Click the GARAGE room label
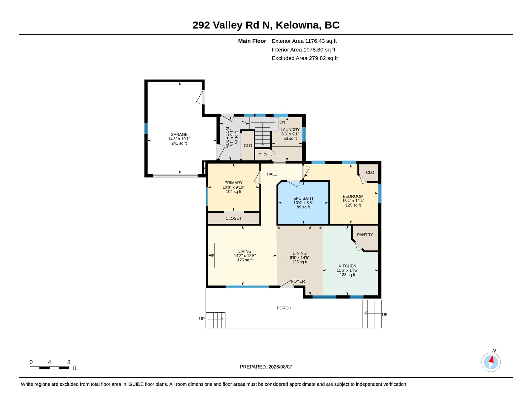[179, 134]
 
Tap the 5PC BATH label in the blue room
[303, 198]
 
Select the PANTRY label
[365, 235]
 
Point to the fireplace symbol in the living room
[211, 255]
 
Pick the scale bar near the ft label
[49, 368]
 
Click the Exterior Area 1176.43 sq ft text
[304, 41]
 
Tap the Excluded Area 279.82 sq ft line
[305, 58]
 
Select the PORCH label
[284, 308]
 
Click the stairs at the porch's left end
[215, 320]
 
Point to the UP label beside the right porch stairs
[385, 314]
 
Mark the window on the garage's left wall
[146, 128]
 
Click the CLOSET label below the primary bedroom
[233, 218]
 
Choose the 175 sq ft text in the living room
[245, 260]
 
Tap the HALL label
[271, 174]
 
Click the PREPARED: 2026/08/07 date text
[266, 367]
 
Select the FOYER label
[298, 281]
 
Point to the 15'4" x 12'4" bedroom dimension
[353, 201]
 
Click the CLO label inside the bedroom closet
[370, 172]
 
